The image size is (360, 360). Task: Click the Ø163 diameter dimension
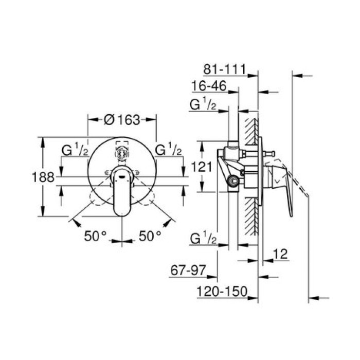tap(122, 120)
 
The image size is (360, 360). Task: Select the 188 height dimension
tap(44, 177)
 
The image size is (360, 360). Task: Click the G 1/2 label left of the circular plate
tap(75, 150)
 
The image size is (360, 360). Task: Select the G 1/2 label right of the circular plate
tap(169, 150)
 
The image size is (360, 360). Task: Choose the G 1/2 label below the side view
tap(203, 238)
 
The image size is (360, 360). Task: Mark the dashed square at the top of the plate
tap(122, 146)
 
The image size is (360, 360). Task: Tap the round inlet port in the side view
tap(234, 180)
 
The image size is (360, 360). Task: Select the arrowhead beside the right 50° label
tap(168, 222)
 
